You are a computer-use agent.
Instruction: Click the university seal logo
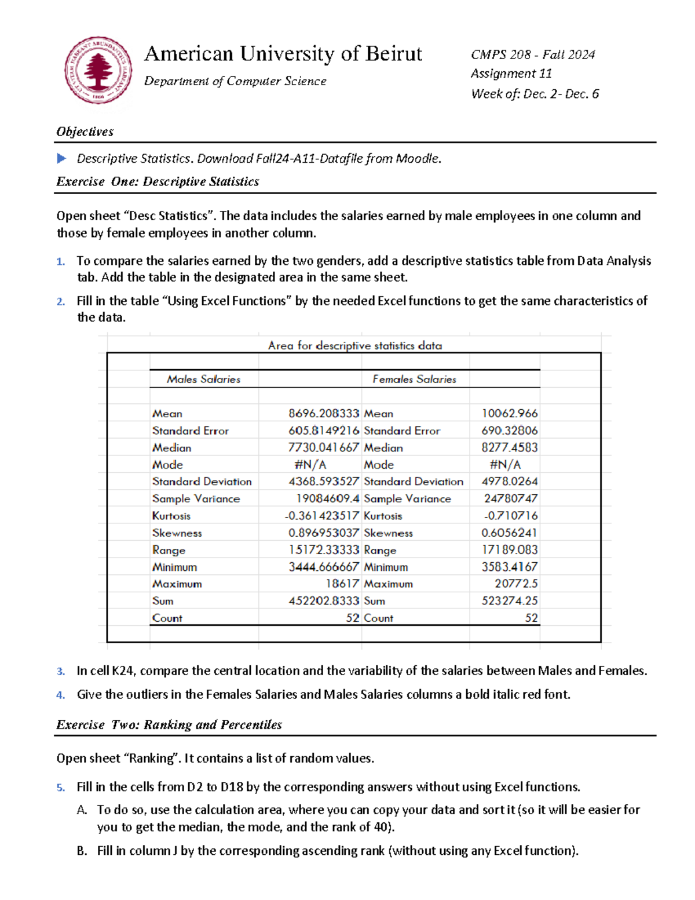[x=98, y=70]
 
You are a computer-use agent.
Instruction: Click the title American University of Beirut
[x=283, y=54]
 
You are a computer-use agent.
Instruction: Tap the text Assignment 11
[x=511, y=74]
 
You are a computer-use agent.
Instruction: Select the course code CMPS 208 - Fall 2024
[x=533, y=54]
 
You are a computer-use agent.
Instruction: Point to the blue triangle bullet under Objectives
[x=61, y=158]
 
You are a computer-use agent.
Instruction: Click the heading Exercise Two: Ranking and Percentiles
[x=169, y=724]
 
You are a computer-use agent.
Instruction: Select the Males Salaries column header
[x=203, y=379]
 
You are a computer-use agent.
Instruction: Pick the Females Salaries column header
[x=414, y=379]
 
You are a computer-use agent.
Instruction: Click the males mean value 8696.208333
[x=324, y=413]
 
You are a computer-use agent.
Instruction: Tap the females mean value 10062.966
[x=509, y=413]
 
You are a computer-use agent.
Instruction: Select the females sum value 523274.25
[x=509, y=601]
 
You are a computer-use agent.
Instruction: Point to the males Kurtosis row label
[x=171, y=516]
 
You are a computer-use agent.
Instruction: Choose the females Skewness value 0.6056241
[x=509, y=533]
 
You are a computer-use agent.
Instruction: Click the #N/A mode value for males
[x=310, y=465]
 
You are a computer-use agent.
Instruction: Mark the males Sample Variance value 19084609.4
[x=327, y=498]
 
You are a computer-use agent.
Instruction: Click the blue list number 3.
[x=61, y=672]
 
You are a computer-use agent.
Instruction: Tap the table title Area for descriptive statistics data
[x=354, y=345]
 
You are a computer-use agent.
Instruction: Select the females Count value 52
[x=531, y=618]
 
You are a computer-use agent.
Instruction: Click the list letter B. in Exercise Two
[x=82, y=851]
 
